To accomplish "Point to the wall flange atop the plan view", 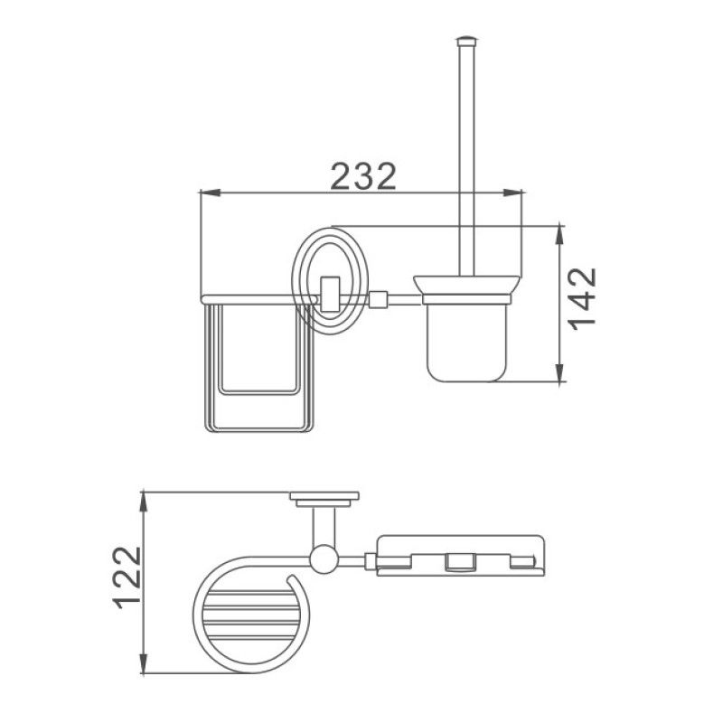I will tap(324, 498).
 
